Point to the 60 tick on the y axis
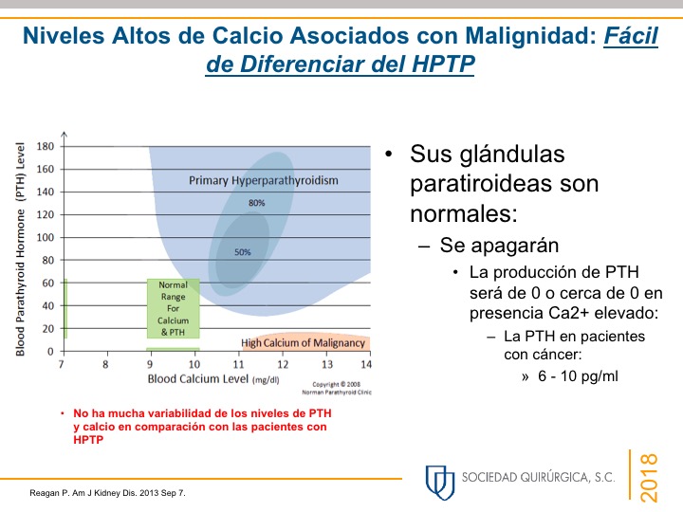48,283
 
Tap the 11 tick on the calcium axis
238,364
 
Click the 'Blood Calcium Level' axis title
198,378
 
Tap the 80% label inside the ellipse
256,203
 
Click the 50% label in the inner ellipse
243,252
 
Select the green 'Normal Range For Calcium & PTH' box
173,308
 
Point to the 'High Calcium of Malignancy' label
303,343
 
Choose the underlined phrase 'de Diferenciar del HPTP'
341,64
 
